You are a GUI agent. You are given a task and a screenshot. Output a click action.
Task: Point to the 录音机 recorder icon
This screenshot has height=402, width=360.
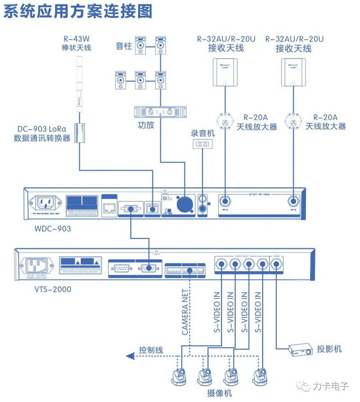(202, 144)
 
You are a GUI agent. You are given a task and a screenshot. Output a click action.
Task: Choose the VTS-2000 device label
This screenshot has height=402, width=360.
(53, 289)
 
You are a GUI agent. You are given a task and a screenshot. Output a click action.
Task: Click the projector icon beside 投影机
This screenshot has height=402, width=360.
(301, 349)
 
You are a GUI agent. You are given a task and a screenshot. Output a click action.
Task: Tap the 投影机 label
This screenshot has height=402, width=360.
(329, 349)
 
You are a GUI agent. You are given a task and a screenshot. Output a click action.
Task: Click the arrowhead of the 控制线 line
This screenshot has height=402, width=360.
(130, 356)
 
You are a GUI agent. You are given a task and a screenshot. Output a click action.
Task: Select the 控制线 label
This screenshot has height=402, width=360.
(151, 350)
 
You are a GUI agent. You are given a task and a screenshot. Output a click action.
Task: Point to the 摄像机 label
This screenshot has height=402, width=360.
(220, 393)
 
